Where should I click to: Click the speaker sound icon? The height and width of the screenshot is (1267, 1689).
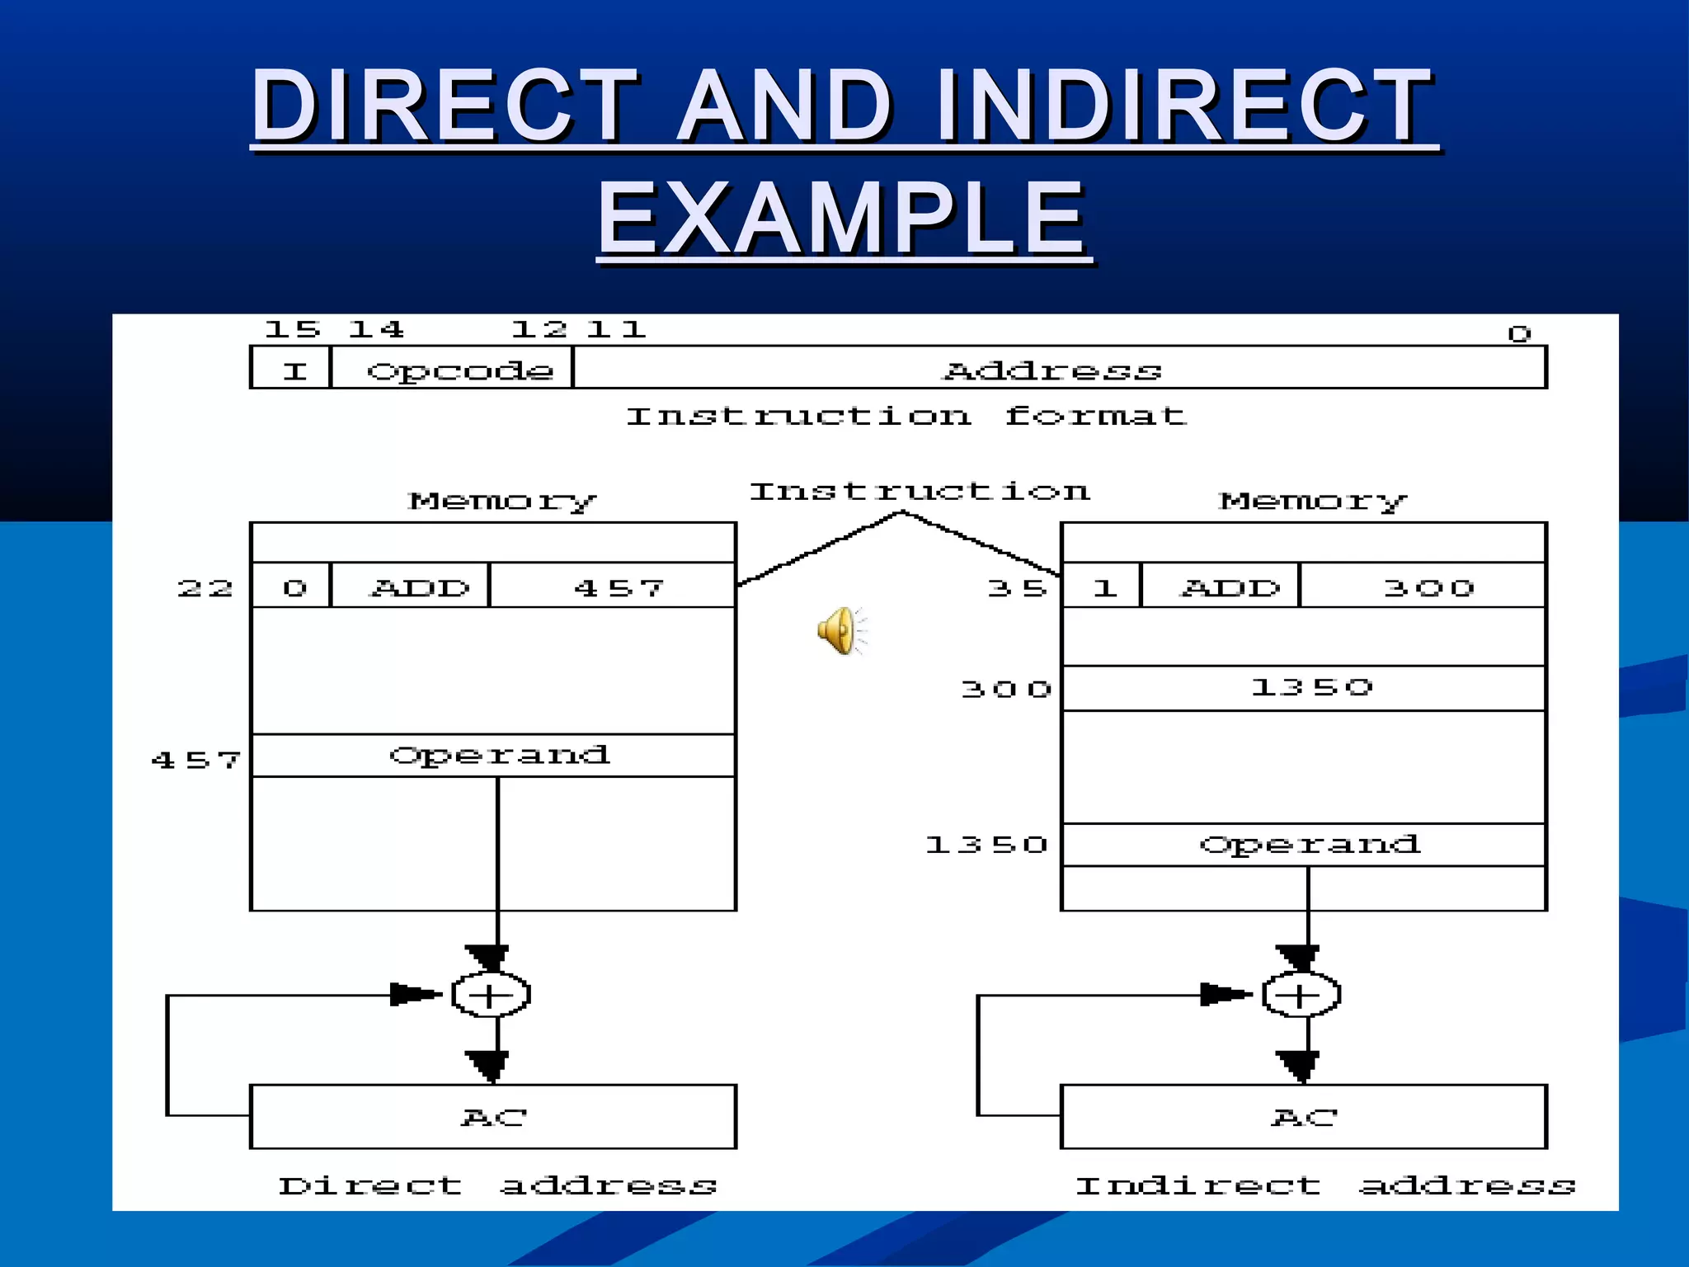tap(840, 630)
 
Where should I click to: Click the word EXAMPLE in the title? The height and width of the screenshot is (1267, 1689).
tap(842, 219)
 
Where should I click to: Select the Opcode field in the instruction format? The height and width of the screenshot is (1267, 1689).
tap(452, 370)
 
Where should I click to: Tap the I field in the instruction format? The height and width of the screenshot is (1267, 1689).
tap(293, 370)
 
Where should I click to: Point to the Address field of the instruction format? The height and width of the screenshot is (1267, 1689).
tap(1058, 370)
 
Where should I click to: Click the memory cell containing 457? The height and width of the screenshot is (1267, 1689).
tap(614, 586)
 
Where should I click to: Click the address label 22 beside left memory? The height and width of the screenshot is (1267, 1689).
tap(205, 588)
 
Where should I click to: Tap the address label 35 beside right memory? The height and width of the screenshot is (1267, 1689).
tap(1016, 588)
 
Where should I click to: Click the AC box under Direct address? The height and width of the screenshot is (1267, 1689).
tap(493, 1116)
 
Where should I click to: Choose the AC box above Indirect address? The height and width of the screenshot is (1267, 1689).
tap(1303, 1116)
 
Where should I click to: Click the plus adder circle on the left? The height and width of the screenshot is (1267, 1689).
tap(491, 994)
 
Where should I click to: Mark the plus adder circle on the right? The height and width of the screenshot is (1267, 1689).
tap(1301, 994)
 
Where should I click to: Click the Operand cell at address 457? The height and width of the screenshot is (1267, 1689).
tap(497, 756)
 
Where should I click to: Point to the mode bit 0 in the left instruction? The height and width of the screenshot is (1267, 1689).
tap(293, 586)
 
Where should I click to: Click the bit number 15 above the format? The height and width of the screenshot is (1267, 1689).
tap(291, 330)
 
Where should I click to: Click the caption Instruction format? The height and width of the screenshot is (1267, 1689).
tap(905, 416)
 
